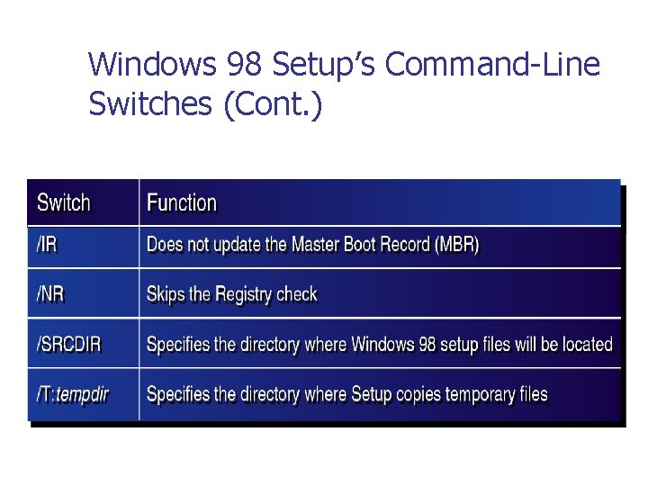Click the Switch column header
pyautogui.click(x=64, y=203)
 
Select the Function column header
pyautogui.click(x=182, y=203)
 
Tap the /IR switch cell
pyautogui.click(x=48, y=245)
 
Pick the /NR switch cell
pyautogui.click(x=50, y=294)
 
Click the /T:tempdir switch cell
pyautogui.click(x=72, y=394)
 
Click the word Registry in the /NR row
pyautogui.click(x=243, y=294)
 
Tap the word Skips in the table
pyautogui.click(x=166, y=294)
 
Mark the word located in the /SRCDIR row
pyautogui.click(x=587, y=344)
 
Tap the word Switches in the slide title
pyautogui.click(x=147, y=105)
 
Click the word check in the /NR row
pyautogui.click(x=297, y=294)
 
